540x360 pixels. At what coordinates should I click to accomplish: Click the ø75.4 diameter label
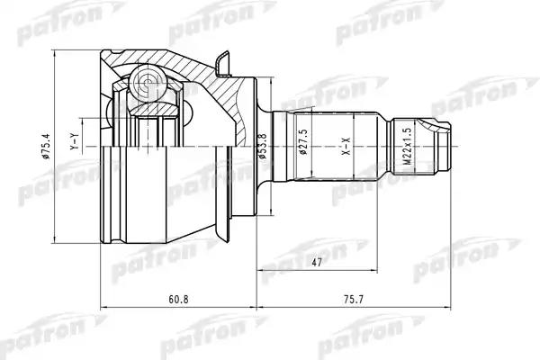pos(47,147)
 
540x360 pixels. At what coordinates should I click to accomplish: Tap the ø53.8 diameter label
pos(263,146)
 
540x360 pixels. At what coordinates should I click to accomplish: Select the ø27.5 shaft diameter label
pos(304,142)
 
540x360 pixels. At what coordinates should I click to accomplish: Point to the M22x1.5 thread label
pos(408,146)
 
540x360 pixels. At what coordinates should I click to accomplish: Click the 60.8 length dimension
pos(178,299)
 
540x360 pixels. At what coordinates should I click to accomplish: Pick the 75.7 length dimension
pos(353,299)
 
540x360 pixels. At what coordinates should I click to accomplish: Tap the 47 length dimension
pos(316,263)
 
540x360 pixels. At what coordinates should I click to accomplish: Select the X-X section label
pos(346,146)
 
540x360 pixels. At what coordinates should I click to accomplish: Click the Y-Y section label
pos(75,141)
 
